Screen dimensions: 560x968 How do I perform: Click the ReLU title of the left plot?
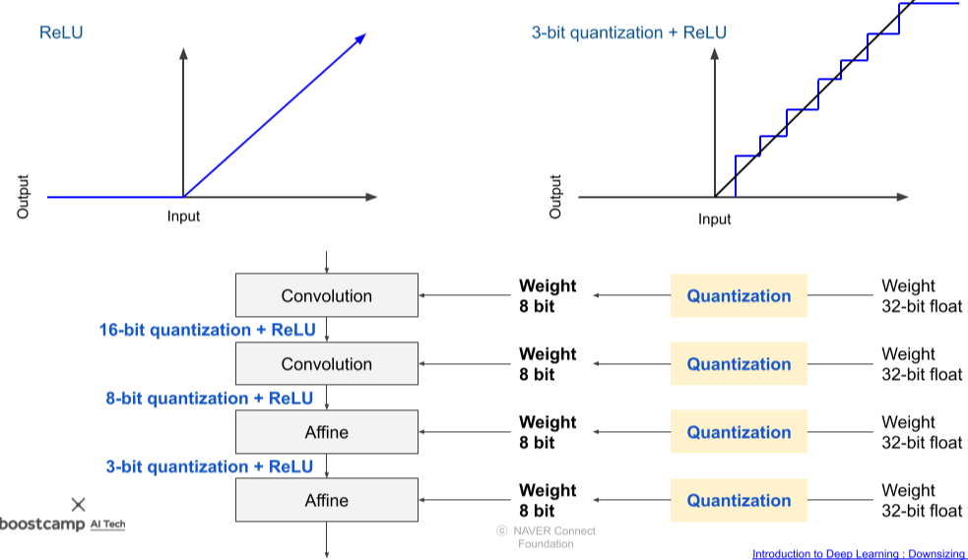pos(61,32)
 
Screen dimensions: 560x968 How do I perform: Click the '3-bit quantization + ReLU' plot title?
pos(628,32)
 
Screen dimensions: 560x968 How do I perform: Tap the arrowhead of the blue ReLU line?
pos(360,38)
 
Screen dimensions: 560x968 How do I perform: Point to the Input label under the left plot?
pos(183,216)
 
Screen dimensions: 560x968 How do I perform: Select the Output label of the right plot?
pos(555,197)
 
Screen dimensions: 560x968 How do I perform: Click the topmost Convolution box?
pos(326,296)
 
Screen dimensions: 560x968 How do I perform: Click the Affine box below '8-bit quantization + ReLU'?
pos(326,432)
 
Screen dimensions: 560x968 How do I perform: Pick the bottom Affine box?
pos(326,500)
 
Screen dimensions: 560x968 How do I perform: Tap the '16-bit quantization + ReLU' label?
pos(206,330)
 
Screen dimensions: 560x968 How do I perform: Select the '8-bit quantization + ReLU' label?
pos(209,399)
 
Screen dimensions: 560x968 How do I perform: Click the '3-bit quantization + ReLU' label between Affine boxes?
pos(209,467)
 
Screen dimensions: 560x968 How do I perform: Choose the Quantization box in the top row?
pos(739,296)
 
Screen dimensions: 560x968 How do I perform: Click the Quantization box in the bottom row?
pos(739,500)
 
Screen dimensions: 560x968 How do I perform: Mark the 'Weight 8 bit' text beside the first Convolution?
pos(548,296)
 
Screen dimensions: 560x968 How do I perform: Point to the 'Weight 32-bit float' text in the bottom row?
pos(921,500)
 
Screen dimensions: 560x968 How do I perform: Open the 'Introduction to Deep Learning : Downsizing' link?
pos(859,554)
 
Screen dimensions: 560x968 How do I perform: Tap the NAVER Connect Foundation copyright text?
pos(546,537)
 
